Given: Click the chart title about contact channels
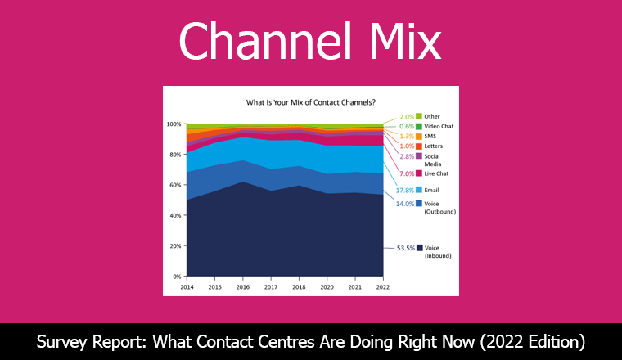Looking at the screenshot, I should [x=311, y=103].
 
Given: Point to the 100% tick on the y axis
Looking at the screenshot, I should [x=173, y=124].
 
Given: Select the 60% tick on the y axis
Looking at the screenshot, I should [x=174, y=185].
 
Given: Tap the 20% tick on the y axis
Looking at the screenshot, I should [x=174, y=246].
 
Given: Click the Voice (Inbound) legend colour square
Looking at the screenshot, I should [x=419, y=246].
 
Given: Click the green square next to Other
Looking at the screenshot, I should [x=419, y=116].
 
